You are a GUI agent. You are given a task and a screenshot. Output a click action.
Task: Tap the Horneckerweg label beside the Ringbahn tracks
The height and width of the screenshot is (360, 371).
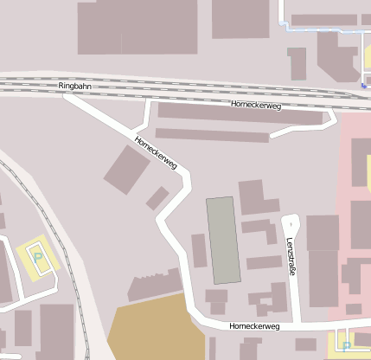pyautogui.click(x=256, y=105)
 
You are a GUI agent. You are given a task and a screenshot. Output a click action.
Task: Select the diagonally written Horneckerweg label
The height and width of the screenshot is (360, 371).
pyautogui.click(x=157, y=152)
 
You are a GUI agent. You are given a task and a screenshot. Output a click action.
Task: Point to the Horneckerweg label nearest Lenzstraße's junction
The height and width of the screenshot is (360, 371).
pyautogui.click(x=255, y=326)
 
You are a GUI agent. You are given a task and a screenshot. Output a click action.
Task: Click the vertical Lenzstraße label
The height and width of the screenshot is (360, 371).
pyautogui.click(x=291, y=256)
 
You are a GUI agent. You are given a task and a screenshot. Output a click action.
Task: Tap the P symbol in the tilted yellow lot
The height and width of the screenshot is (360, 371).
pyautogui.click(x=37, y=257)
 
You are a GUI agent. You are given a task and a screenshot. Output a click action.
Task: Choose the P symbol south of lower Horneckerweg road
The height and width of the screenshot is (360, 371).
pyautogui.click(x=347, y=346)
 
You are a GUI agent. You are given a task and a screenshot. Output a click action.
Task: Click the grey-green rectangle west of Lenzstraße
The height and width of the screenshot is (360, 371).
pyautogui.click(x=222, y=240)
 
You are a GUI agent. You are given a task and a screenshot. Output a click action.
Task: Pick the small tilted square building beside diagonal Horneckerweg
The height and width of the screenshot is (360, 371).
pyautogui.click(x=157, y=198)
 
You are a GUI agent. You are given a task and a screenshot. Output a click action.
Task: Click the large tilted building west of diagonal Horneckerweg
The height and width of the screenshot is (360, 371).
pyautogui.click(x=127, y=170)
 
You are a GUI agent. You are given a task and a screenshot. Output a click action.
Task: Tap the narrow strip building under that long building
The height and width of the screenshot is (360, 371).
pyautogui.click(x=211, y=135)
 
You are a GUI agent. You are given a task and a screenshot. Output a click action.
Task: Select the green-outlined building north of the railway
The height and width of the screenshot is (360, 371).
pyautogui.click(x=297, y=63)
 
